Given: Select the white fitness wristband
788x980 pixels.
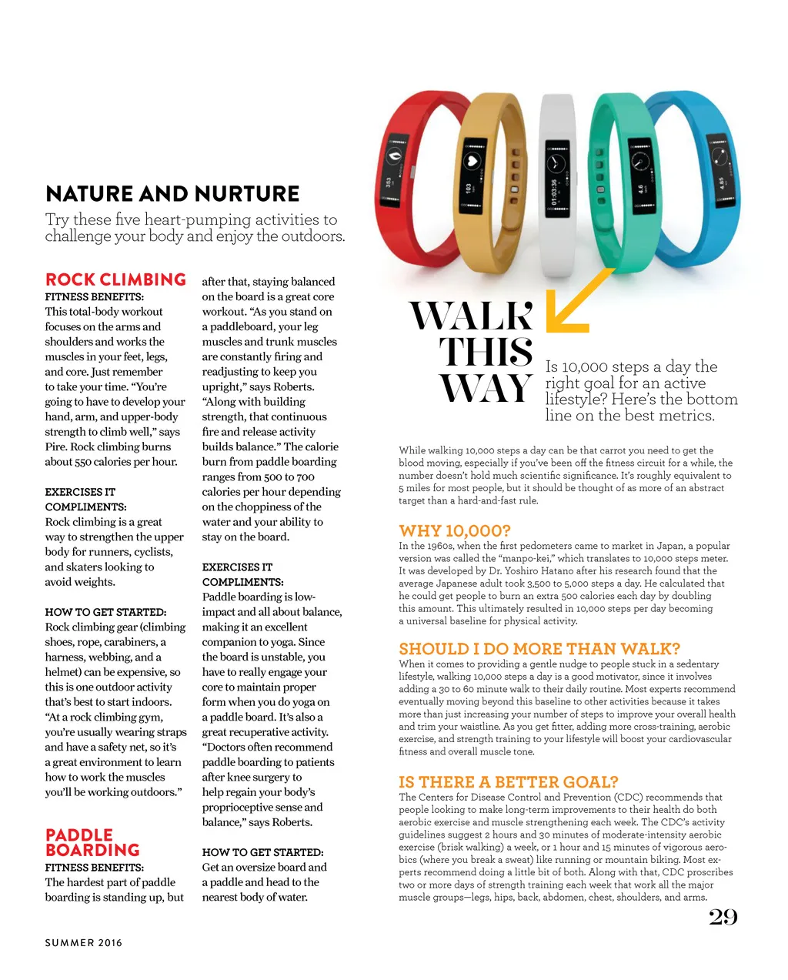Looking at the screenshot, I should click(x=557, y=185).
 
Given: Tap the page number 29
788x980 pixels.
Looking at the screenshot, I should click(x=723, y=917).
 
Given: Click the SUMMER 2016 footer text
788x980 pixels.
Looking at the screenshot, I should click(x=83, y=943).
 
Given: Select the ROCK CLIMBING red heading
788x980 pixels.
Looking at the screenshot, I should click(x=115, y=279).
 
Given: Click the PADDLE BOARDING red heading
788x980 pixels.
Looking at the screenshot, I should click(x=92, y=842).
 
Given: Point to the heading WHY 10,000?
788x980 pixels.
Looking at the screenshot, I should click(x=454, y=530).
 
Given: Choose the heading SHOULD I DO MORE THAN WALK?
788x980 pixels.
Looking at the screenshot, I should click(x=539, y=649).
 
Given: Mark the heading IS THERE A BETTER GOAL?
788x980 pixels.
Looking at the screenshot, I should click(x=508, y=782).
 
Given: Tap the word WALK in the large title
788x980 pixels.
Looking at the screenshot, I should click(x=471, y=316).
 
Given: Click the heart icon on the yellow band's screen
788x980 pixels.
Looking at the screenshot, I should click(x=471, y=162).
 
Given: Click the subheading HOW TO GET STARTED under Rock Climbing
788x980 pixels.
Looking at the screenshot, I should click(x=105, y=612).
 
